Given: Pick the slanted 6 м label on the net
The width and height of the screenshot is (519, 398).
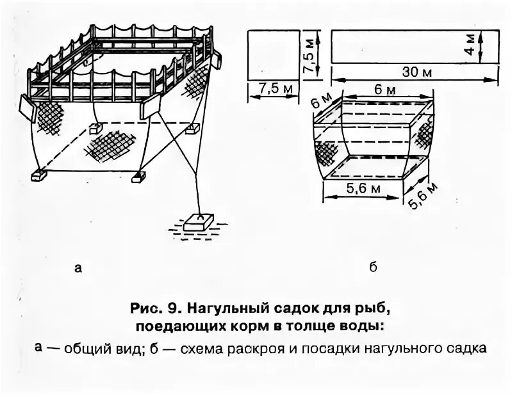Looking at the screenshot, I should [x=322, y=104].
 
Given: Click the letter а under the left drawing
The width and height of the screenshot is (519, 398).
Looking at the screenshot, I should [x=78, y=268].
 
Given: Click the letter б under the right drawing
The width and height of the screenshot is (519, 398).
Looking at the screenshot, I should [x=373, y=268].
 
